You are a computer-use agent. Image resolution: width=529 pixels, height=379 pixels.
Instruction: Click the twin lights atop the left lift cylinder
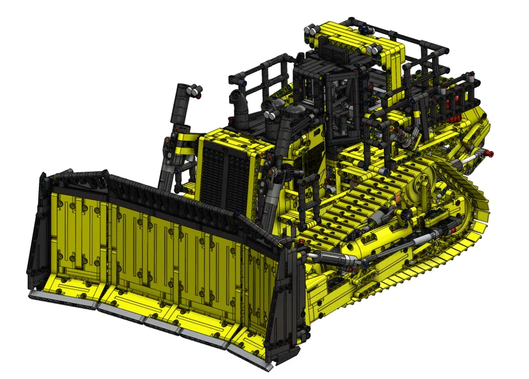tap(193, 91)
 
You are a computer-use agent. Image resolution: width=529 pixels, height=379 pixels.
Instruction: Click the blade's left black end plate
tap(37, 230)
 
